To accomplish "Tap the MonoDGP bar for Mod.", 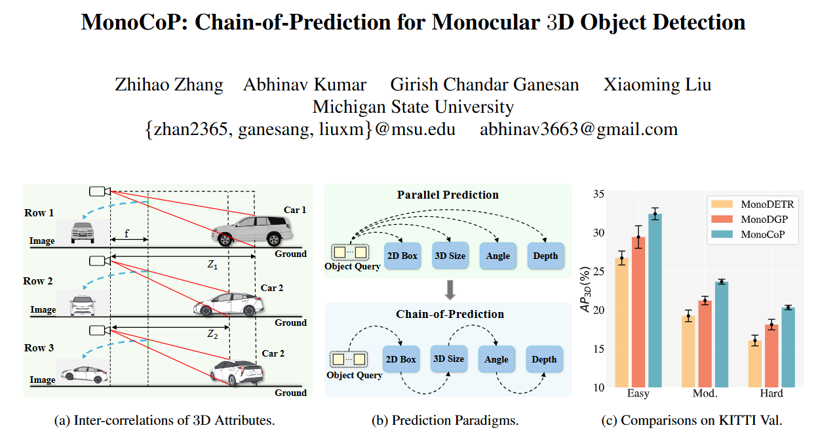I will (705, 344).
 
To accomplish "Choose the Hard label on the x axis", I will (771, 393).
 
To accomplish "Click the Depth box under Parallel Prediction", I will (545, 256).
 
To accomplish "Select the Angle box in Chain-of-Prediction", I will (496, 359).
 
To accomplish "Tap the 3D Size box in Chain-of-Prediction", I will (449, 359).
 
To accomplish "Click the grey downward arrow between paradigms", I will (450, 289).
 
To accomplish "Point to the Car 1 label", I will (295, 210).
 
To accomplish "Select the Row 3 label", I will (39, 348).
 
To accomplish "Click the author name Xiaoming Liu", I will (657, 85).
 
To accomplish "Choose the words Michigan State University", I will (413, 107).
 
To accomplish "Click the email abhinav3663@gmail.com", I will (579, 129).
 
